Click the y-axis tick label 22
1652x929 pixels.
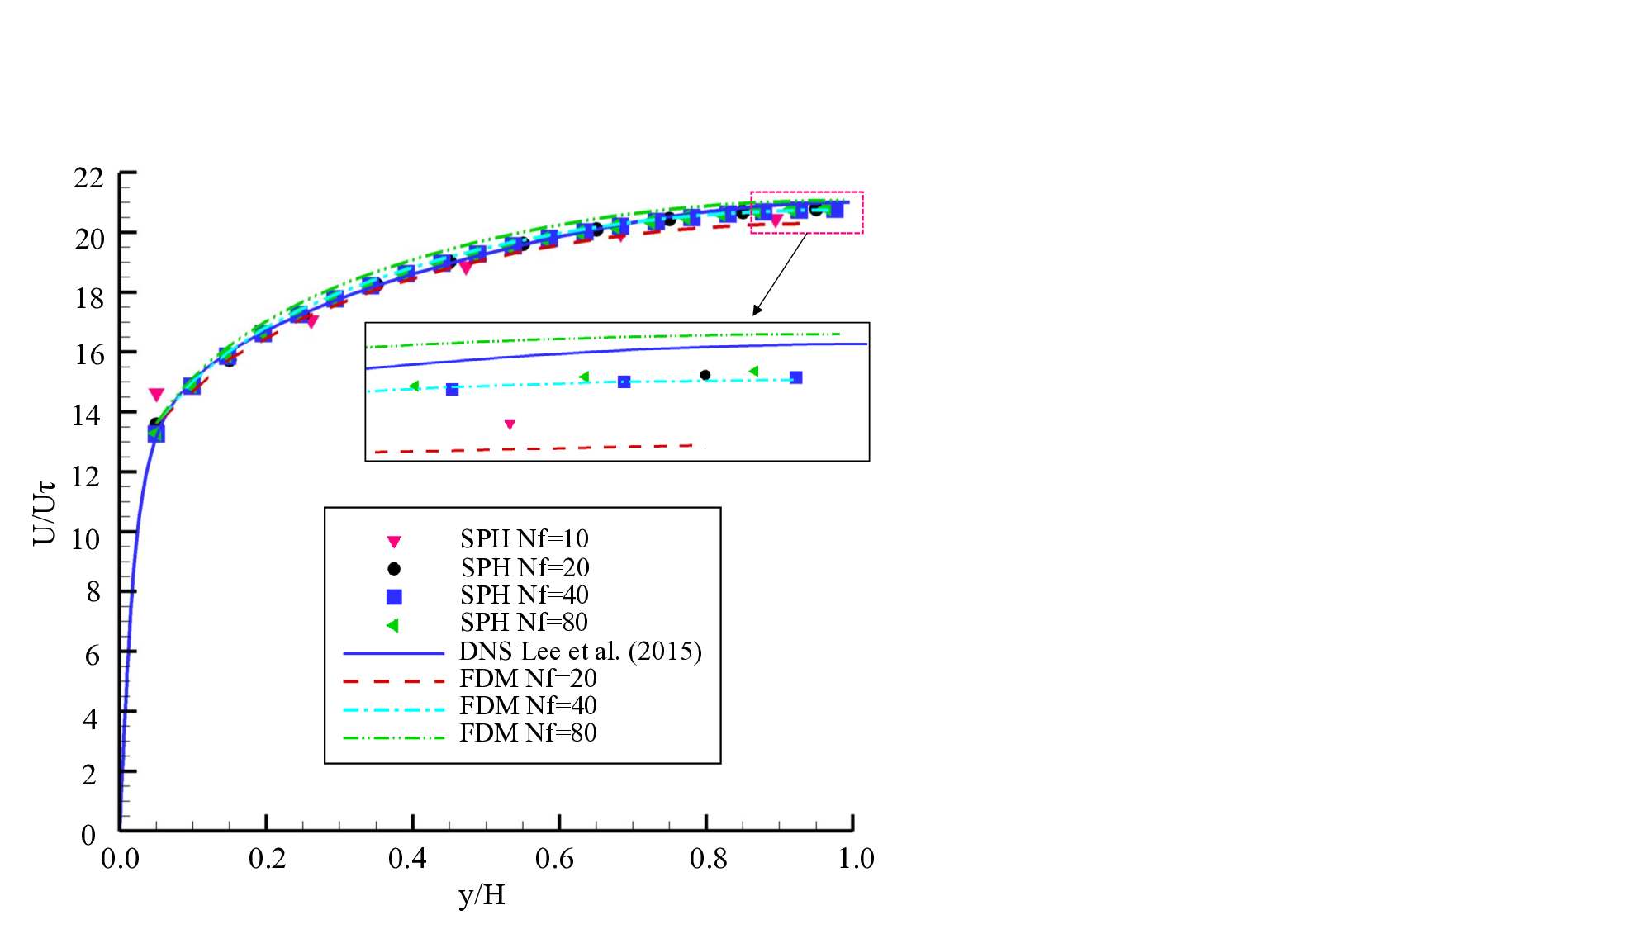coord(88,178)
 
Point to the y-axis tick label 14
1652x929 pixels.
coord(87,415)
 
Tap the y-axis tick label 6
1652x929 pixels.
coord(93,656)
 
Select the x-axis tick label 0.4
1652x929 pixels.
coord(407,859)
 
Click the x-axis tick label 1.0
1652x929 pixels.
coord(856,859)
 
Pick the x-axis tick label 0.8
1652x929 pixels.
coord(708,859)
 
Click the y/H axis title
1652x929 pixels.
coord(482,894)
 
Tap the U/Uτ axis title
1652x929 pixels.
coord(45,512)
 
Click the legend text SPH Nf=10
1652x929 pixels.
coord(525,538)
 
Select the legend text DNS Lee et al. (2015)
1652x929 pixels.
coord(581,652)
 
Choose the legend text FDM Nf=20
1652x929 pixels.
coord(528,679)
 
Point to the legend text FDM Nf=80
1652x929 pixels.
coord(528,733)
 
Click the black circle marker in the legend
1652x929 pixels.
coord(394,569)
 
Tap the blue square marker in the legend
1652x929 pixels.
coord(394,596)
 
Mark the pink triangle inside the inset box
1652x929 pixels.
coord(510,424)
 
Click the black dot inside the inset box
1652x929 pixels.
coord(705,375)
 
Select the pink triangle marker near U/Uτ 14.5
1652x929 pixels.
coord(156,395)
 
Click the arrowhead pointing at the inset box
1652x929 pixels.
coord(757,310)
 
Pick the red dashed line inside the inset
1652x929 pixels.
coord(537,448)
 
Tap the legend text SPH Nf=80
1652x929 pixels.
coord(525,623)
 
